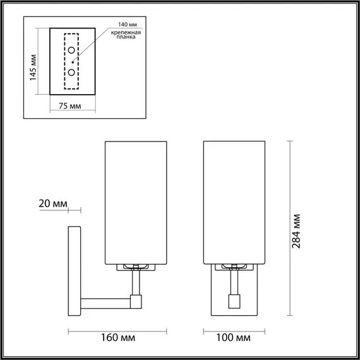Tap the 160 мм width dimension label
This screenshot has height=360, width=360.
118,339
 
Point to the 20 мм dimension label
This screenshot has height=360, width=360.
52,203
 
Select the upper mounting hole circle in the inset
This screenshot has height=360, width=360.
72,50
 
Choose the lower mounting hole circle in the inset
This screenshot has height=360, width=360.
72,73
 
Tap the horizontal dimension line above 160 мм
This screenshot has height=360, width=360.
117,330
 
